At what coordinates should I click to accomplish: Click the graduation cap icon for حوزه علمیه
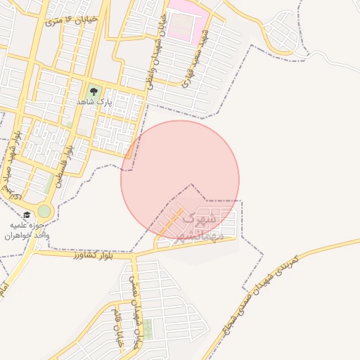pos(27,215)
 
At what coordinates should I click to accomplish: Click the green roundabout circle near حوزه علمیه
pos(45,211)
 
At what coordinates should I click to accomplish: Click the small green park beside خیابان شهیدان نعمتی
pos(148,328)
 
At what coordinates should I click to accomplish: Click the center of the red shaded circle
pos(180,179)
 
